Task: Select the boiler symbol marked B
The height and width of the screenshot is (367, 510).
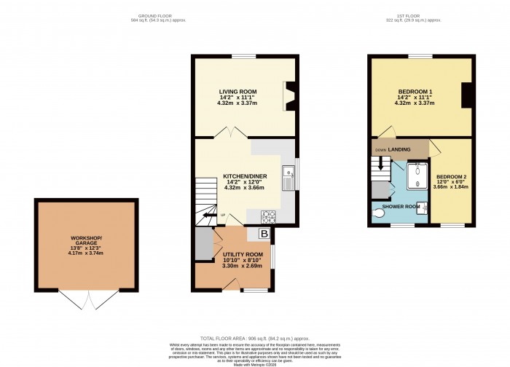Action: [263, 234]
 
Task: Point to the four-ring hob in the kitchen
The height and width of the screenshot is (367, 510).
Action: [267, 216]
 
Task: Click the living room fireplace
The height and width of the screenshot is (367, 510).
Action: [289, 95]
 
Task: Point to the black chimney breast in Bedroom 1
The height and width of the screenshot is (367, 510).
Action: [467, 95]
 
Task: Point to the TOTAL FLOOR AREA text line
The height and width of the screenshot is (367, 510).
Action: [254, 337]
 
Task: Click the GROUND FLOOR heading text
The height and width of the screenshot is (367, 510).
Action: [155, 16]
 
